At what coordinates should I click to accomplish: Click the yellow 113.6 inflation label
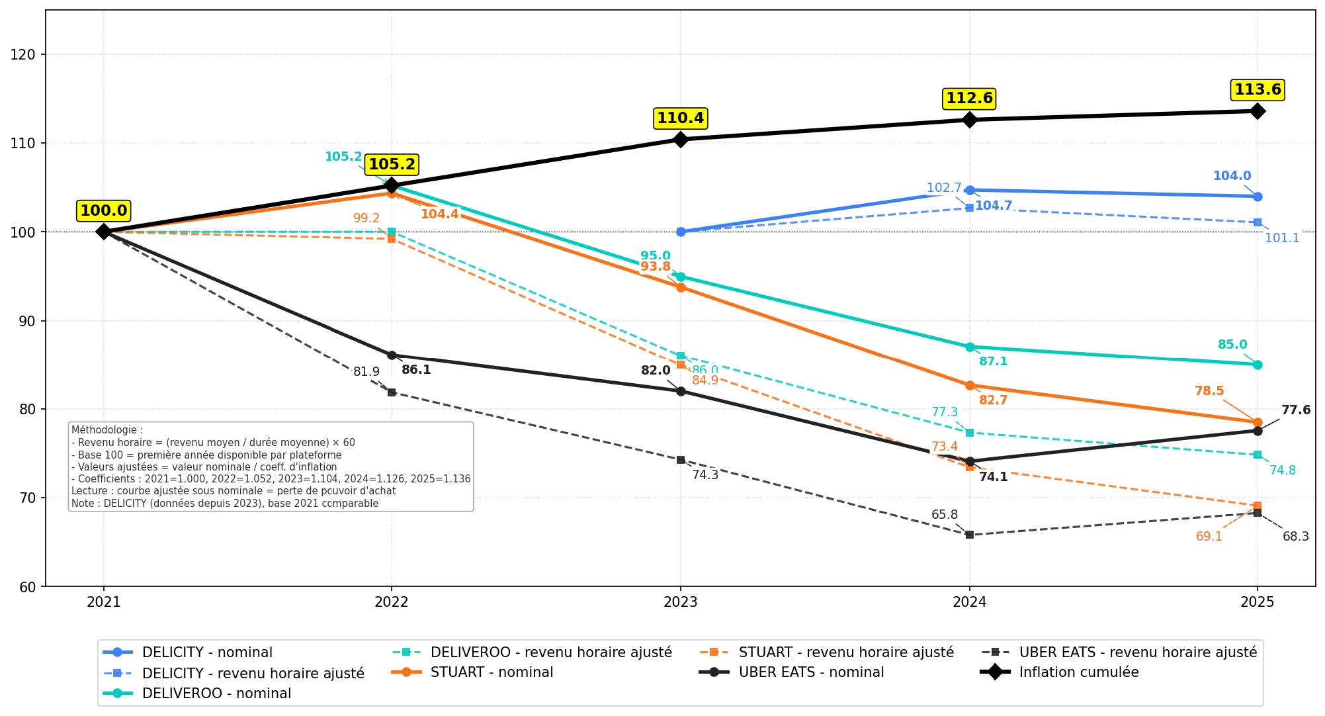click(1258, 89)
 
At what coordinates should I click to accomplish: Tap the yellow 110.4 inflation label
click(680, 118)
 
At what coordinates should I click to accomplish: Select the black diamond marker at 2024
click(969, 120)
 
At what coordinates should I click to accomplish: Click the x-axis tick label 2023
click(680, 602)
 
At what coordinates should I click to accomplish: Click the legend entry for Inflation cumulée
click(1078, 672)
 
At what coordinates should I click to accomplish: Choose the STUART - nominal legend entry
click(492, 672)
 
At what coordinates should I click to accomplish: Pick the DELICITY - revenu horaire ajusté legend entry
click(253, 674)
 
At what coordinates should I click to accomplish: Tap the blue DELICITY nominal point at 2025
click(1258, 197)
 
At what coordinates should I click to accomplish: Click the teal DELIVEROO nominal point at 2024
click(969, 347)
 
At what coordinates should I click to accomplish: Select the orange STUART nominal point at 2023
click(680, 287)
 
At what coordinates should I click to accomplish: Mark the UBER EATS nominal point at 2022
click(392, 355)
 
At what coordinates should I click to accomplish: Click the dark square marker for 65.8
click(969, 535)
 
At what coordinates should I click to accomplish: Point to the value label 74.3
click(705, 475)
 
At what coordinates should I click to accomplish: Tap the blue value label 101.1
click(1282, 238)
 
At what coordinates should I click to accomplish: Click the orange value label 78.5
click(1209, 391)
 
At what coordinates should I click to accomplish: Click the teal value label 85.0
click(1232, 345)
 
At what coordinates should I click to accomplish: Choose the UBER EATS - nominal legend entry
click(810, 672)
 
